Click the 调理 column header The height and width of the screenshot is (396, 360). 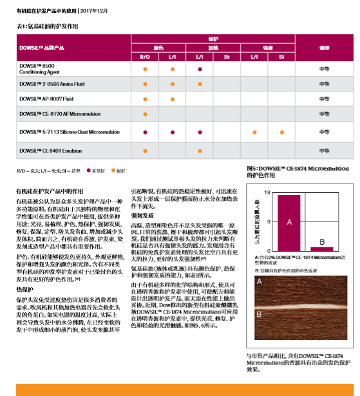click(324, 48)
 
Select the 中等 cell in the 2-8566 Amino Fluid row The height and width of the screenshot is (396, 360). click(324, 84)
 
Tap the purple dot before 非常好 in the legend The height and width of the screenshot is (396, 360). click(90, 171)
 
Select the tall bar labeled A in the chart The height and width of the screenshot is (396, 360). click(289, 223)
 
